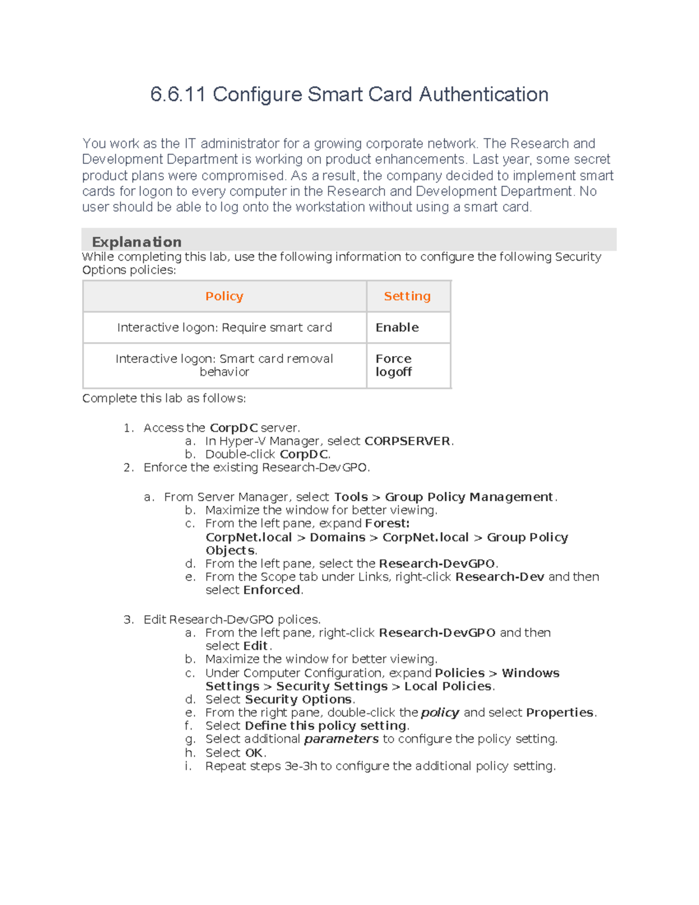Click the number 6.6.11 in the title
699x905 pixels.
tap(178, 94)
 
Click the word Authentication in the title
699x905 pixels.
tap(483, 94)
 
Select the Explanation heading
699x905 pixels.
tap(136, 242)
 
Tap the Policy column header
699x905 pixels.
tap(224, 296)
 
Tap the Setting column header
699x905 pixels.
tap(407, 296)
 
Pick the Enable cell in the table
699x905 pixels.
tap(397, 328)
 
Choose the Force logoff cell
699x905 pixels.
tap(394, 365)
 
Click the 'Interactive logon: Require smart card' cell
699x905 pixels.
tap(224, 328)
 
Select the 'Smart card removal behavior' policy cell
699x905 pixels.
tap(224, 365)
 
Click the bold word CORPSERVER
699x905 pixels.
tap(407, 441)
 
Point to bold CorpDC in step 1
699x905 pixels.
tap(234, 428)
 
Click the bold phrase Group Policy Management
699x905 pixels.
tap(468, 497)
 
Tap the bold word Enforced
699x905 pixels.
tap(272, 590)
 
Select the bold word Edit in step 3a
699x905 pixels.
tap(255, 646)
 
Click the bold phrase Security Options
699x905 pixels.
tap(298, 699)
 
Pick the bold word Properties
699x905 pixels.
tap(560, 713)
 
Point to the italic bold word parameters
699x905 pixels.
tap(341, 739)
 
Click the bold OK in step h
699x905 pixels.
tap(254, 753)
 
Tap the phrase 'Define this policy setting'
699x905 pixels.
tap(326, 726)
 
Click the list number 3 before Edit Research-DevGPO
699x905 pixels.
tap(128, 619)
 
